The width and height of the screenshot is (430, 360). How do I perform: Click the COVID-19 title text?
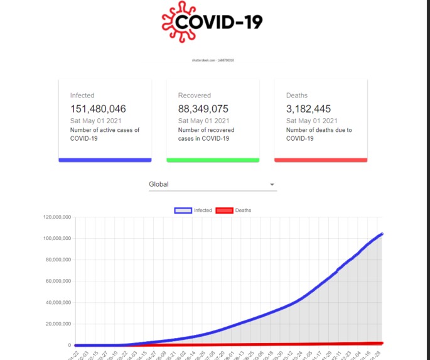[x=218, y=22]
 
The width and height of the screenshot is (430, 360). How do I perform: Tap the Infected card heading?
[x=82, y=95]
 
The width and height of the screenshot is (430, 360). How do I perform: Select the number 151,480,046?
[x=98, y=109]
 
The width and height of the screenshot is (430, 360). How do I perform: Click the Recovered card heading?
[x=194, y=95]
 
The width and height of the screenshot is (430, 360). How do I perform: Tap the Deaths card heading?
[x=297, y=95]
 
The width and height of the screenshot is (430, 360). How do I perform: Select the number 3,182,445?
[x=308, y=109]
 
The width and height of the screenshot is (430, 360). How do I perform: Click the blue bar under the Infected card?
[x=105, y=160]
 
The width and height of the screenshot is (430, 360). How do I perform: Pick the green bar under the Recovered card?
[x=213, y=160]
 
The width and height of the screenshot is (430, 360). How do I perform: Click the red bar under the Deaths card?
[x=321, y=160]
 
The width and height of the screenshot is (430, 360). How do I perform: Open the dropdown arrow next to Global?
[x=272, y=185]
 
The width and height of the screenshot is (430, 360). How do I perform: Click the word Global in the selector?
[x=159, y=185]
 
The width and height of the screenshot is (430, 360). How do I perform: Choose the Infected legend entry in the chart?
[x=193, y=210]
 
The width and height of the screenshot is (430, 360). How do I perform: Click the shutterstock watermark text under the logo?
[x=213, y=60]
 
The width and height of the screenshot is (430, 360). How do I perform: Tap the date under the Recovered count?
[x=203, y=121]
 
